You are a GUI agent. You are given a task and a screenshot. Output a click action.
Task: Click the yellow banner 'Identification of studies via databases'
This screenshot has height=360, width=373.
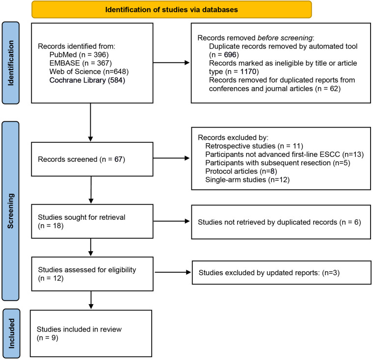(x=171, y=9)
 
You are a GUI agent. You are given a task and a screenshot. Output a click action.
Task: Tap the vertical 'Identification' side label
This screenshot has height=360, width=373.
(x=11, y=63)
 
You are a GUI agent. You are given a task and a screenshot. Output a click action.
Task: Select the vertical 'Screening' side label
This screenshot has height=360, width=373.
(x=10, y=211)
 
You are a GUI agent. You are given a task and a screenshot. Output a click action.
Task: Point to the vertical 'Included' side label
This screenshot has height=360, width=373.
(x=11, y=334)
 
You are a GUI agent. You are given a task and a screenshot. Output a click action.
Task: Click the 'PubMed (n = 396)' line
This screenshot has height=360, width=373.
(x=79, y=55)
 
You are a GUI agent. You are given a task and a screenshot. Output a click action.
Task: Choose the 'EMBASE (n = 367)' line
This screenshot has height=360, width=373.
(x=80, y=63)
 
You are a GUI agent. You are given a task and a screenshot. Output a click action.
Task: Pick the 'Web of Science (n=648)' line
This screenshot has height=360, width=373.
(x=89, y=72)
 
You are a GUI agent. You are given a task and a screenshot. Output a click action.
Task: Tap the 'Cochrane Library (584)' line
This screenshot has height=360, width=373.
(x=87, y=80)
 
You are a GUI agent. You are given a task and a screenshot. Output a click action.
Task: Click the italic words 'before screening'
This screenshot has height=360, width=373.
(x=285, y=38)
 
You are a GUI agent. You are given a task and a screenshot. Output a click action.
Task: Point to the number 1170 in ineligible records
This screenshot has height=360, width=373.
(x=248, y=72)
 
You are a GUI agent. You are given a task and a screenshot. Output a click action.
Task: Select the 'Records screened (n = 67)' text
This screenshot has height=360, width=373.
(x=81, y=159)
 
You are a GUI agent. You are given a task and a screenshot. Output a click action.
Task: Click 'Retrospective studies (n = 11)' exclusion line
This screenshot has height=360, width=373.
(x=254, y=146)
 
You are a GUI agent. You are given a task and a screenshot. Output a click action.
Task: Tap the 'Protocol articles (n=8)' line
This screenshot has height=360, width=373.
(x=241, y=171)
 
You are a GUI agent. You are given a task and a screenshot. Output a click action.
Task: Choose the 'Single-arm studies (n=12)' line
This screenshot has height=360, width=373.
(x=247, y=180)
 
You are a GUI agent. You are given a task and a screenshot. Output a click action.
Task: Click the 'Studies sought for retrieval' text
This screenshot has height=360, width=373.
(x=81, y=217)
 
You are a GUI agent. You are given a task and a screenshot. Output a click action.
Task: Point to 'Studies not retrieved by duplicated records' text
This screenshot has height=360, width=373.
(x=267, y=222)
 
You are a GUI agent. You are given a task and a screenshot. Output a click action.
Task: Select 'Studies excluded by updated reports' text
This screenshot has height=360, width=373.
(x=259, y=273)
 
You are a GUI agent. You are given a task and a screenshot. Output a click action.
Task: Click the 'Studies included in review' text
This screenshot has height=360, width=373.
(x=79, y=329)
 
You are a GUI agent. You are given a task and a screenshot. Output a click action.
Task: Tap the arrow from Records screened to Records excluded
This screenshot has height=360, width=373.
(x=171, y=158)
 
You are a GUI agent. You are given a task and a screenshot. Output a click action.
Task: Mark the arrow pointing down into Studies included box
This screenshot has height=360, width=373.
(x=91, y=300)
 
